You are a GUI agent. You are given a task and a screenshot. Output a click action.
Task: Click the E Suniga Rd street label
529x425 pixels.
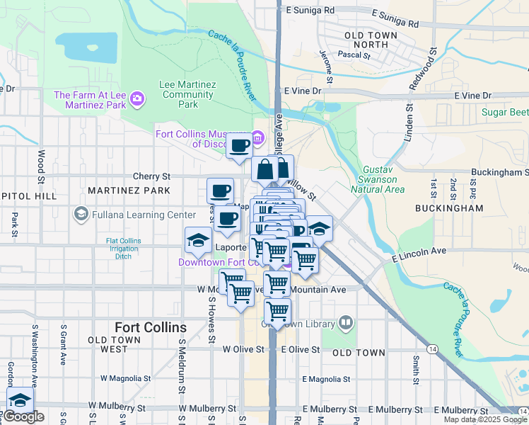tap(309, 11)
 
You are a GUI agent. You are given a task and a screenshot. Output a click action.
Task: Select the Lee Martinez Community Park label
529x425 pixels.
tap(187, 94)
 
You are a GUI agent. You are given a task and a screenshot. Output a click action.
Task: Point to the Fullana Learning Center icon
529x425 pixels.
tap(81, 214)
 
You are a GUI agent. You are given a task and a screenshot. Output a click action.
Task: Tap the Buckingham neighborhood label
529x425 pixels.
tap(459, 208)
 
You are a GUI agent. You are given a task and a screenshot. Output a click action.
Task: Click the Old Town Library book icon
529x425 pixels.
tap(346, 324)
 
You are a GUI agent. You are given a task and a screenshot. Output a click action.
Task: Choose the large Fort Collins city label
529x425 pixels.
tap(151, 327)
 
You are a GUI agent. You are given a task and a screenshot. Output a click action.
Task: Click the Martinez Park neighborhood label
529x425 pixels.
tap(129, 191)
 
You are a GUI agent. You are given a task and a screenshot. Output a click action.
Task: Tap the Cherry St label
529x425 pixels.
tap(152, 176)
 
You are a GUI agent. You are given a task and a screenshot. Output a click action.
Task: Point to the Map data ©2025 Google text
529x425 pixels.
tap(485, 419)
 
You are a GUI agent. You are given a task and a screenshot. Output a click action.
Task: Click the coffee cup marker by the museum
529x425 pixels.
tap(240, 145)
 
